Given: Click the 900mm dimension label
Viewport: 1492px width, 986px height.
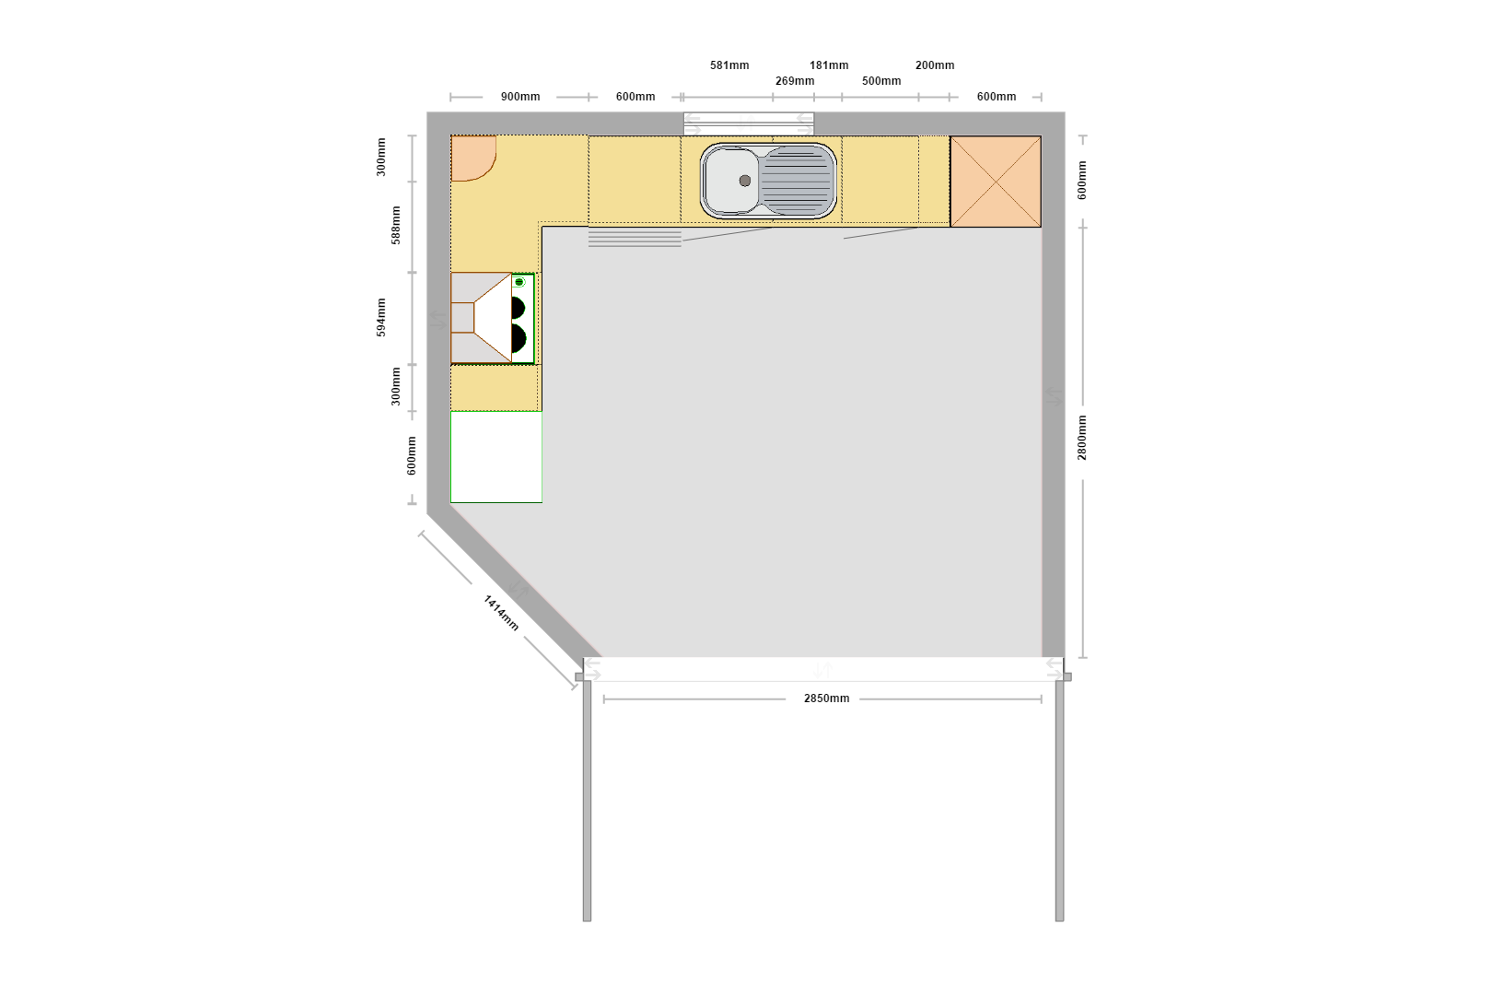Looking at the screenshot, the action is pyautogui.click(x=520, y=97).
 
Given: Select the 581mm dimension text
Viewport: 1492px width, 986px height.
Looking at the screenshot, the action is pyautogui.click(x=729, y=65).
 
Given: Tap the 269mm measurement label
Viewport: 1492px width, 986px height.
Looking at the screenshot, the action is pyautogui.click(x=795, y=80).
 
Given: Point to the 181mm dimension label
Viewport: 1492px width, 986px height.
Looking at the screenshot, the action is pyautogui.click(x=829, y=65).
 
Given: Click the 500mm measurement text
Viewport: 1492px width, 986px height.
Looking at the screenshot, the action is pyautogui.click(x=881, y=80).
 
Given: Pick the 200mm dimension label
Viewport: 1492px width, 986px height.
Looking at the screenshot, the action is pyautogui.click(x=935, y=65).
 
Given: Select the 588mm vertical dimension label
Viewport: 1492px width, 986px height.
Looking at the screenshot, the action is pyautogui.click(x=396, y=225).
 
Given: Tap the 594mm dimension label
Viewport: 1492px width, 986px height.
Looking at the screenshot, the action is pyautogui.click(x=381, y=317).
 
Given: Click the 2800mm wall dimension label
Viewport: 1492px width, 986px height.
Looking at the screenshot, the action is pyautogui.click(x=1081, y=438).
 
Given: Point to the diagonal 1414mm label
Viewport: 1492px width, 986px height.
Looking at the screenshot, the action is pyautogui.click(x=501, y=613).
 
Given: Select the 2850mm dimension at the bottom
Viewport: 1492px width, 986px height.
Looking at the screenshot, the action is pyautogui.click(x=827, y=698).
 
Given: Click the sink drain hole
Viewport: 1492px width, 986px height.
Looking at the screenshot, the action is pyautogui.click(x=745, y=181).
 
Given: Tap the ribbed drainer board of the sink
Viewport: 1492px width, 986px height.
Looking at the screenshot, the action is pyautogui.click(x=797, y=182).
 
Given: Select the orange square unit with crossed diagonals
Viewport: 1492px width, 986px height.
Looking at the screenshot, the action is pyautogui.click(x=995, y=182).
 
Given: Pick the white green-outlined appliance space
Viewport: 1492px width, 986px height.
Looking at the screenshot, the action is pyautogui.click(x=496, y=457).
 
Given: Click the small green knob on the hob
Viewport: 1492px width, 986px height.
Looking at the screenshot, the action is pyautogui.click(x=519, y=282).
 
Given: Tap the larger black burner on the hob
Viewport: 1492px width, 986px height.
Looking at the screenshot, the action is pyautogui.click(x=519, y=338).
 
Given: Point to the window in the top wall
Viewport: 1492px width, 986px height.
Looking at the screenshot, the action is pyautogui.click(x=749, y=123).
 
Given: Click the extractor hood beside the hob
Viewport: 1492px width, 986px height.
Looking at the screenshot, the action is pyautogui.click(x=481, y=318).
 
